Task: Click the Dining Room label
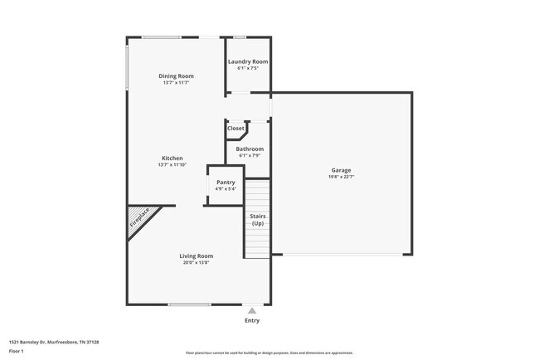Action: [177, 75]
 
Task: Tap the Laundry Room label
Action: [248, 61]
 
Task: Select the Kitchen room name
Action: [172, 158]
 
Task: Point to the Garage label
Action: [341, 169]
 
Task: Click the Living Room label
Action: [197, 255]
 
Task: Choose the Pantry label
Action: [226, 182]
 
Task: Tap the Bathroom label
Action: [250, 148]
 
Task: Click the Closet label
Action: [236, 128]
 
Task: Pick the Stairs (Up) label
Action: [258, 219]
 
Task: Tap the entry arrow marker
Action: [252, 309]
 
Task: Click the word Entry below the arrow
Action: [252, 320]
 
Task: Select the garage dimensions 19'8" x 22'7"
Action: [341, 176]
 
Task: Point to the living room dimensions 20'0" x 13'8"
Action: [197, 262]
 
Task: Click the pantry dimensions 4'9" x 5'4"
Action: [226, 189]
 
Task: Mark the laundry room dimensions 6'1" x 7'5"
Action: [248, 68]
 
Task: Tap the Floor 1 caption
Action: [17, 351]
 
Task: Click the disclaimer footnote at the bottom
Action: [269, 353]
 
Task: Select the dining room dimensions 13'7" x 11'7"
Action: [177, 82]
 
